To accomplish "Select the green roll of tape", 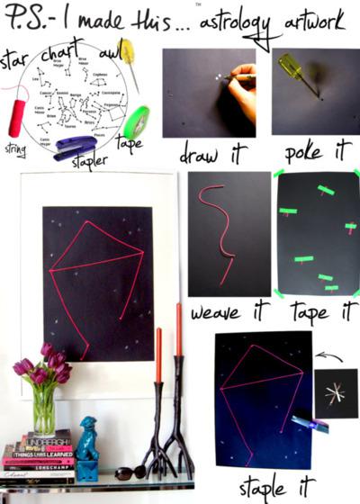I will tap(137, 121).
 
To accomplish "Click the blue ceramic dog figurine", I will tap(87, 442).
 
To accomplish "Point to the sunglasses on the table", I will tap(128, 470).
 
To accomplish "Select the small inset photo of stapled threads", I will tap(336, 393).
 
